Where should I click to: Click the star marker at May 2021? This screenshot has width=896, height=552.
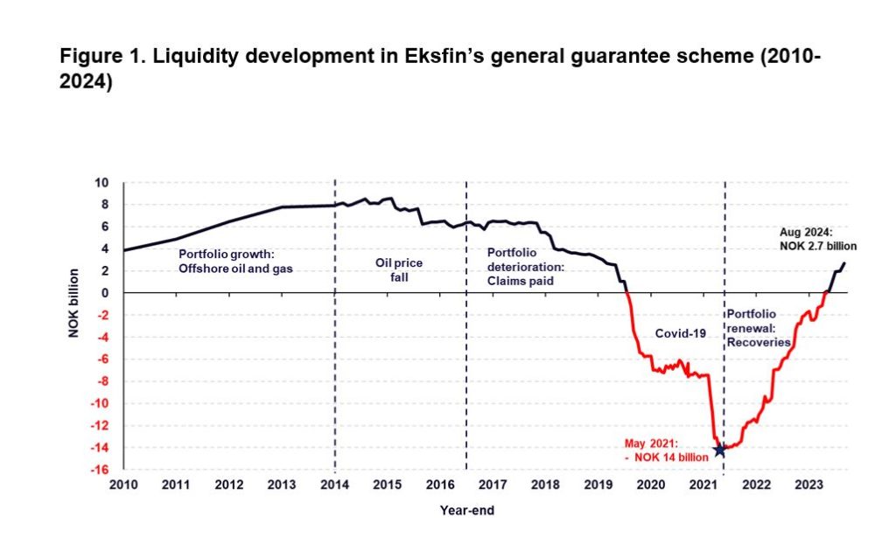719,450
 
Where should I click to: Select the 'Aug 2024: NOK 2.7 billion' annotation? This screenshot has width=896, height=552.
817,240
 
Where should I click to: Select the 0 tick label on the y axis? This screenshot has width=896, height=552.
106,293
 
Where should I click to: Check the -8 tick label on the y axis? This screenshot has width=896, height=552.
102,381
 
